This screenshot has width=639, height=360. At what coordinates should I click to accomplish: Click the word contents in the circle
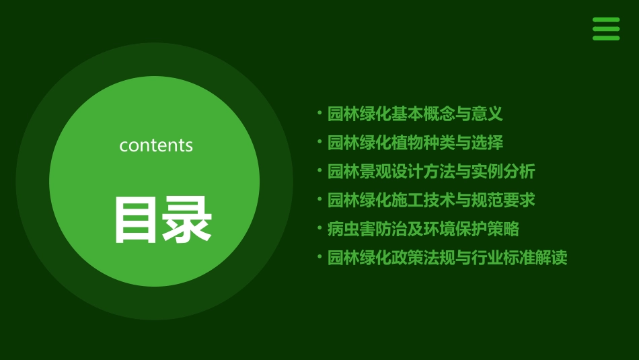(x=156, y=145)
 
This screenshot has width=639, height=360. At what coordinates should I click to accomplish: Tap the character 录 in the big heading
(x=187, y=220)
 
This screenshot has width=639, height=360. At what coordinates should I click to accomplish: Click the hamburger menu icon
(x=605, y=29)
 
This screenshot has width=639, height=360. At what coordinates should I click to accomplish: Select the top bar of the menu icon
(x=605, y=20)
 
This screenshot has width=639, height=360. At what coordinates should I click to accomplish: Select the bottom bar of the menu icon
(x=605, y=38)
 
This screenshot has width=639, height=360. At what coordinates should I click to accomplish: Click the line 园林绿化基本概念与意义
(x=415, y=114)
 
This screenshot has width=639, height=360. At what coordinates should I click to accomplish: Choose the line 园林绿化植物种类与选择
(x=415, y=143)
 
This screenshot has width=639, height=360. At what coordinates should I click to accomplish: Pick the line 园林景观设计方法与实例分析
(x=431, y=172)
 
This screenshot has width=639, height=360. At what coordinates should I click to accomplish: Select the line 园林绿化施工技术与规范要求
(x=431, y=200)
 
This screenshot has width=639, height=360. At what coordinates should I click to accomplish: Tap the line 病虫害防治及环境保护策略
(x=423, y=229)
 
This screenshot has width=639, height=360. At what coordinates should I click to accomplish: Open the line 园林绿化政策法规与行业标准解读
(x=447, y=258)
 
